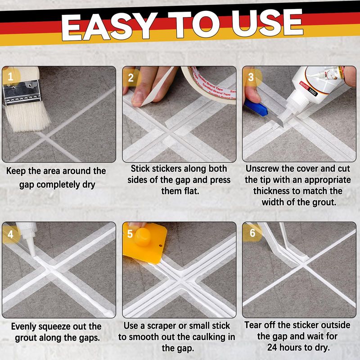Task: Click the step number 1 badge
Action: point(10,76)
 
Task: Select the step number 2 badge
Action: point(131,77)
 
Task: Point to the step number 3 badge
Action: point(251,77)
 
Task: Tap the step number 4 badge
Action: point(10,234)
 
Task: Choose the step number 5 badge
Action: point(130,234)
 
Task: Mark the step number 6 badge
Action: point(252,233)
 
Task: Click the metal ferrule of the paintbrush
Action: point(22,92)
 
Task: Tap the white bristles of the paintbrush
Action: point(27,117)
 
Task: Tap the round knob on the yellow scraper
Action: point(142,236)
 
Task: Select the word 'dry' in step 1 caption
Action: point(89,185)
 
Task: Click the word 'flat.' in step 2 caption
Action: point(191,190)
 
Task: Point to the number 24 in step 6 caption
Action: point(272,347)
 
